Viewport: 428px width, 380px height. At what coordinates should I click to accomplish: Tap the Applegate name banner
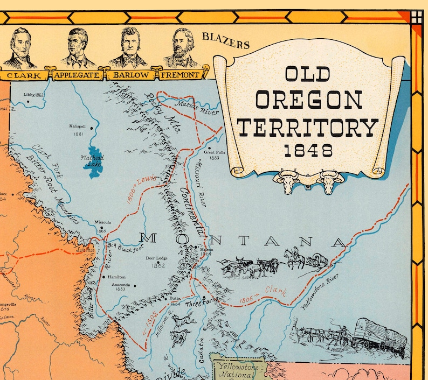coord(77,75)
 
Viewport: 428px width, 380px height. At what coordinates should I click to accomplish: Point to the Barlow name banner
coord(129,75)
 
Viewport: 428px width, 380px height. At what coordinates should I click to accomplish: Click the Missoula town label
coord(102,222)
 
